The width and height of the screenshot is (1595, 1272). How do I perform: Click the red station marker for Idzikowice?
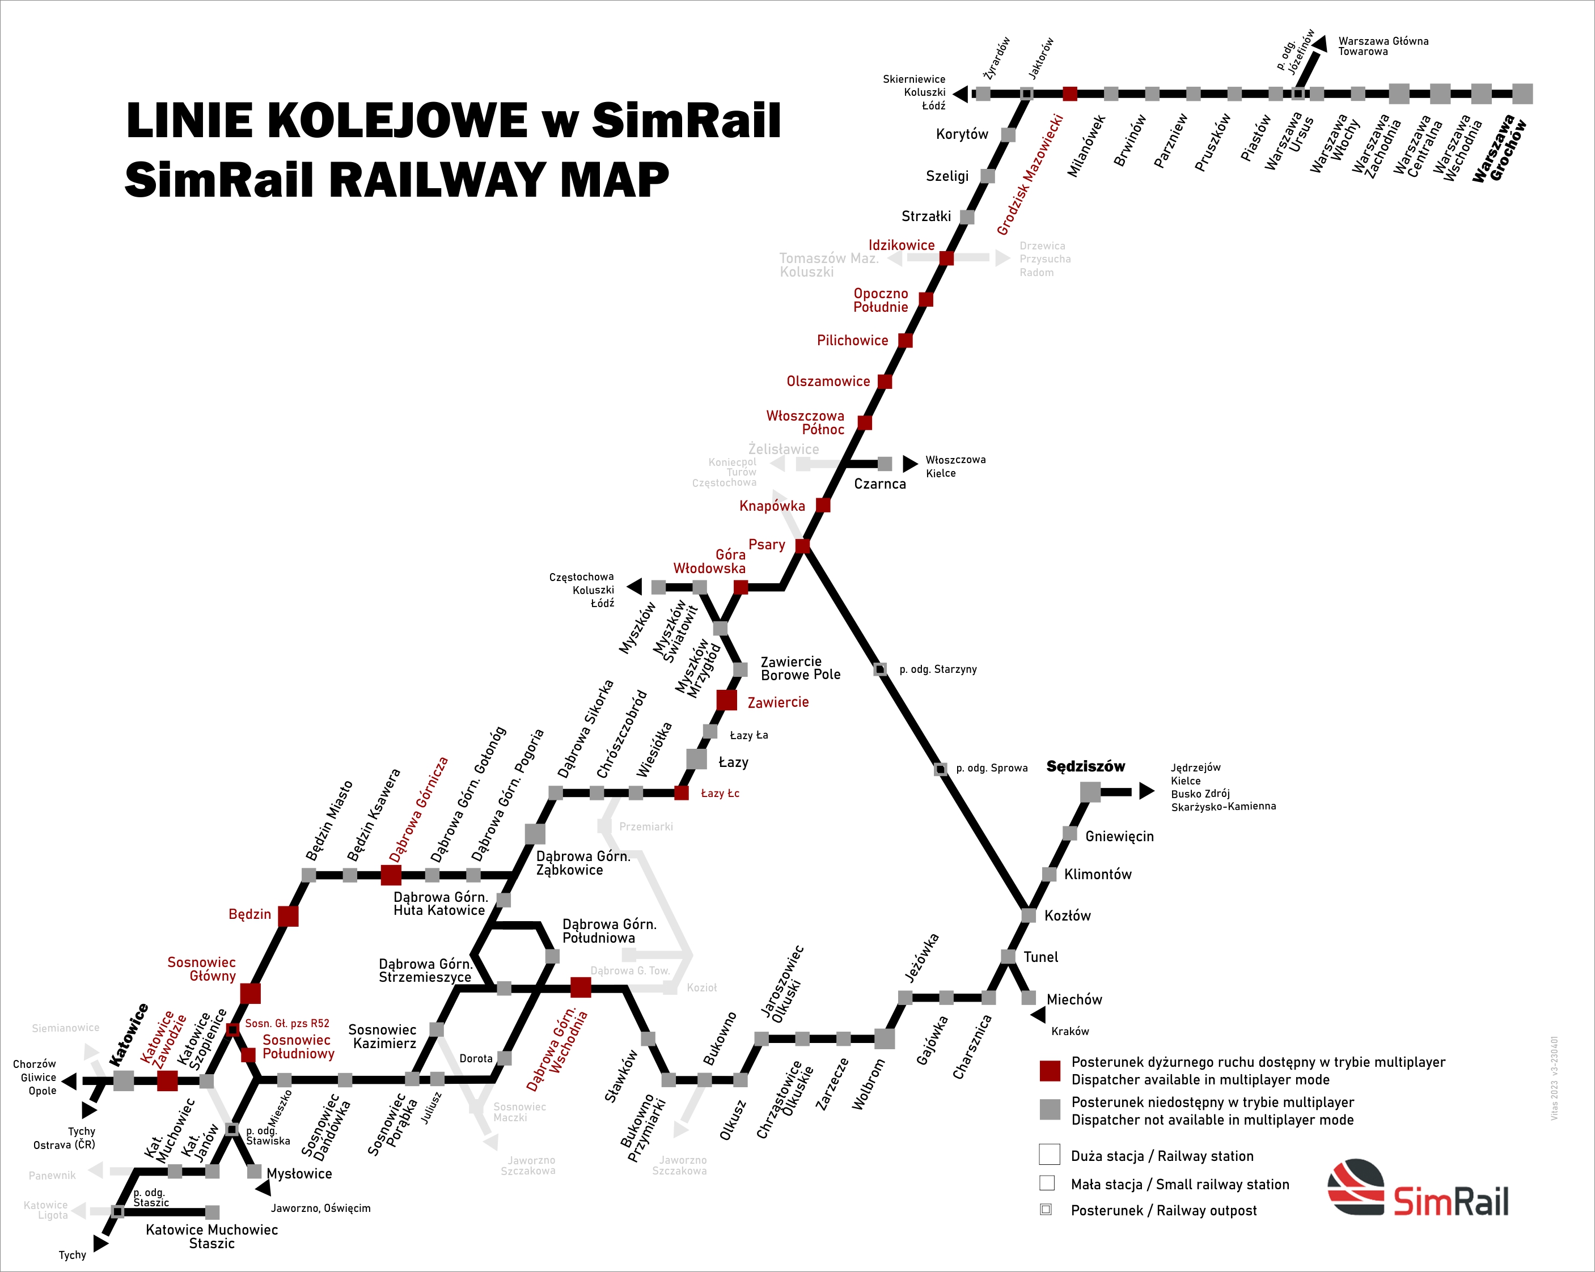click(x=946, y=258)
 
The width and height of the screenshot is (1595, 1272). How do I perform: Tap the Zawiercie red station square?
click(x=726, y=699)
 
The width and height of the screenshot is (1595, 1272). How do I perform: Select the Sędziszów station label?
click(x=1085, y=766)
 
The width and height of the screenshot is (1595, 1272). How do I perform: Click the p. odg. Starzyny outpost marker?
click(x=881, y=669)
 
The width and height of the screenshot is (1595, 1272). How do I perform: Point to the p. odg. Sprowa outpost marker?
click(x=940, y=769)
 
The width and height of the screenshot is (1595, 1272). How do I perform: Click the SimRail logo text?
click(x=1451, y=1201)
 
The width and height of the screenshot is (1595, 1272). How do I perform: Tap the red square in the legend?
click(x=1050, y=1070)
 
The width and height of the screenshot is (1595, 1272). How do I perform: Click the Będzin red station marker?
click(x=288, y=915)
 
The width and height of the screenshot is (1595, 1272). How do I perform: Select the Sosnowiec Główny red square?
click(x=250, y=993)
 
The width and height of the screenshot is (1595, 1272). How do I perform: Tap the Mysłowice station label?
click(x=299, y=1173)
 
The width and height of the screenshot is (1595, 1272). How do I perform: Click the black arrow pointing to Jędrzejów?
click(x=1146, y=791)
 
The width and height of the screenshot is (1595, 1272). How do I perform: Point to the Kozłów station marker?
click(x=1029, y=915)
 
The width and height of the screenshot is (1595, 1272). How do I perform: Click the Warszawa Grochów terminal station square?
click(x=1522, y=94)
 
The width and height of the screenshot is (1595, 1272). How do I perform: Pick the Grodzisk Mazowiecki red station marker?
click(x=1070, y=94)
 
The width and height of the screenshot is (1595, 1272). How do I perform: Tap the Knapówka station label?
click(x=772, y=506)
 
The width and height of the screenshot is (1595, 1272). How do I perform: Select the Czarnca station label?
click(x=879, y=484)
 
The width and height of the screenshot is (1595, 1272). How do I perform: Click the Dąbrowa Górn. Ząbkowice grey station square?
click(x=535, y=833)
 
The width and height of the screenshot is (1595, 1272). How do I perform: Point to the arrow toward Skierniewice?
click(x=961, y=94)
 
